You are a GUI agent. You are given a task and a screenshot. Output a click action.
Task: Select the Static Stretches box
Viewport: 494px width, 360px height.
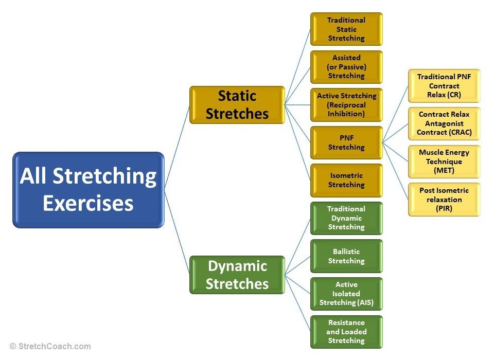click(x=237, y=104)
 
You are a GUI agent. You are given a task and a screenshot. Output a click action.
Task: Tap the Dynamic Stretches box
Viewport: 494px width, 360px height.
click(x=237, y=275)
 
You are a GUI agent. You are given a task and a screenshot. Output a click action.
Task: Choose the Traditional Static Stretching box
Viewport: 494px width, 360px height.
click(x=346, y=29)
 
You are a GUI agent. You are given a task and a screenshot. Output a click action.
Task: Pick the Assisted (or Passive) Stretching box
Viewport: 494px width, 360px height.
click(x=346, y=67)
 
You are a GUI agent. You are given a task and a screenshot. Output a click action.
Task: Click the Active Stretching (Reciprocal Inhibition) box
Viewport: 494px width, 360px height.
click(x=346, y=105)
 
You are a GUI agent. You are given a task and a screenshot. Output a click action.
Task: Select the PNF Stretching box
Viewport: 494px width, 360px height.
click(x=346, y=142)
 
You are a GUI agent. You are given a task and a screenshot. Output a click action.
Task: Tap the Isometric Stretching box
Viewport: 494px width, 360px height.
click(x=346, y=180)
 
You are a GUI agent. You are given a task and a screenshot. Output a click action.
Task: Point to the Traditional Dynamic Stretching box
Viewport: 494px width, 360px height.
click(x=346, y=218)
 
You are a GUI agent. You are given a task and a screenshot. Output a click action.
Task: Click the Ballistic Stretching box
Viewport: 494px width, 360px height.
click(x=346, y=256)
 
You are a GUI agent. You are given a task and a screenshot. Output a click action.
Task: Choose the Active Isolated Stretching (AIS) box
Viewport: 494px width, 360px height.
click(x=346, y=294)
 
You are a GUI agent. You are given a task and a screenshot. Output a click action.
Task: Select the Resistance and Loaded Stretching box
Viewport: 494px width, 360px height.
click(x=346, y=332)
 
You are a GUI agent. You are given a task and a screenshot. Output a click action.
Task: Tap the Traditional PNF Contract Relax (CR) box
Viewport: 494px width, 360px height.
click(x=444, y=86)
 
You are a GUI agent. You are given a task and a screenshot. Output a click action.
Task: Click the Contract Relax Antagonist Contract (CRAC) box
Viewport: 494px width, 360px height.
click(x=444, y=123)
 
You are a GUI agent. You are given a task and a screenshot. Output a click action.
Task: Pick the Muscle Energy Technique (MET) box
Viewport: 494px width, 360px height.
click(x=444, y=161)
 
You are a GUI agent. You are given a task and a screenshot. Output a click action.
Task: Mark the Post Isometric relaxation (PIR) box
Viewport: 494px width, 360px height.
click(x=444, y=199)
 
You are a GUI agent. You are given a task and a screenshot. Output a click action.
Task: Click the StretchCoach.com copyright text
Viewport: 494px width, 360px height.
click(x=50, y=347)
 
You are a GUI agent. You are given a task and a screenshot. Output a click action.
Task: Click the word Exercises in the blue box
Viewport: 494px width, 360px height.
click(x=88, y=203)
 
